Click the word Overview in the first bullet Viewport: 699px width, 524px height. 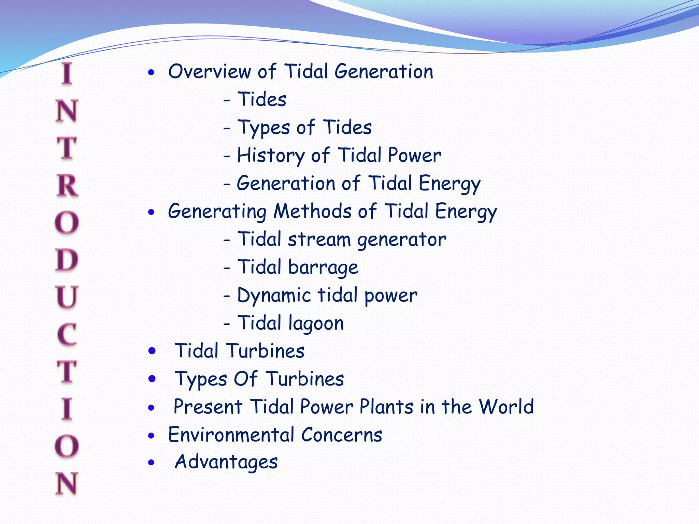point(210,72)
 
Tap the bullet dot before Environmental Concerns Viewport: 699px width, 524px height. point(152,435)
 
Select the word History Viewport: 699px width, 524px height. point(271,156)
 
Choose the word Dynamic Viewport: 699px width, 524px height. point(274,295)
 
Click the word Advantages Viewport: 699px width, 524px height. point(226,462)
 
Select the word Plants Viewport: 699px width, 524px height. point(386,407)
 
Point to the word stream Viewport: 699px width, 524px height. point(319,239)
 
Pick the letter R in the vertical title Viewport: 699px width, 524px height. point(67,186)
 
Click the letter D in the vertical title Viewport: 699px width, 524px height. point(67,260)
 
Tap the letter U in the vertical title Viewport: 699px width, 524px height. point(67,297)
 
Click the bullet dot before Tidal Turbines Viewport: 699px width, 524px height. point(152,351)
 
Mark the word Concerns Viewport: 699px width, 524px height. point(341,435)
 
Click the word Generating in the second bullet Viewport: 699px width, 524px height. point(217,212)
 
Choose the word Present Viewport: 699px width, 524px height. point(208,407)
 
